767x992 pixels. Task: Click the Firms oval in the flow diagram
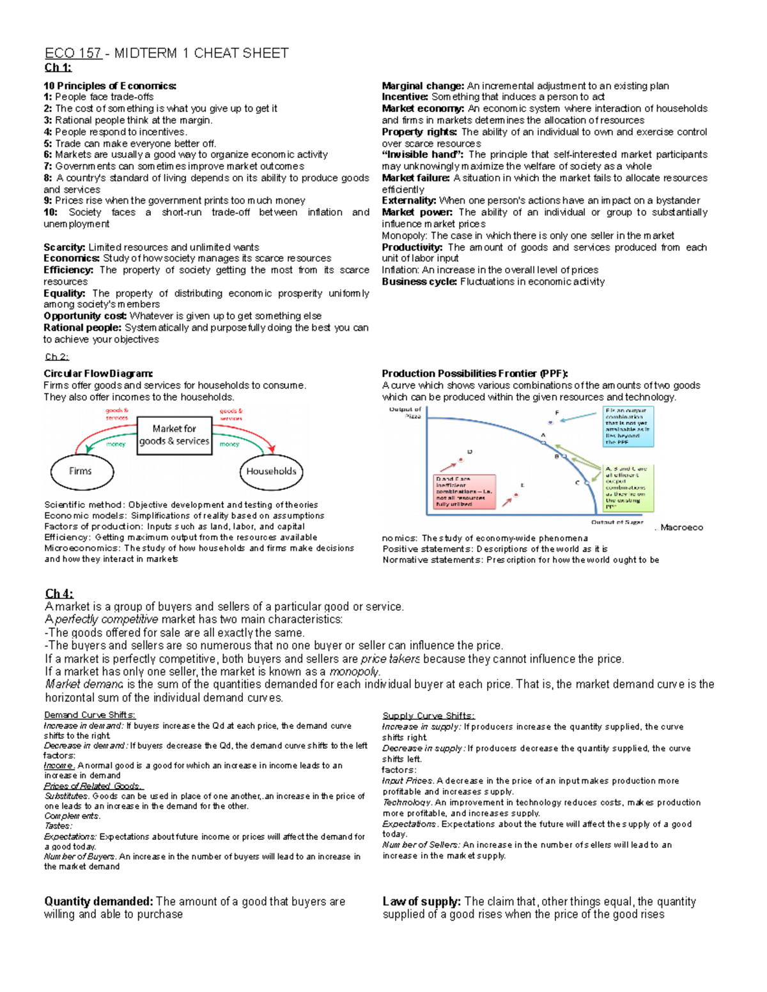pyautogui.click(x=82, y=471)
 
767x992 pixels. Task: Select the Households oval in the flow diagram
pyautogui.click(x=271, y=471)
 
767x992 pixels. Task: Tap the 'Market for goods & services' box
pyautogui.click(x=174, y=435)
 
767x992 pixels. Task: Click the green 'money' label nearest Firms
pyautogui.click(x=115, y=444)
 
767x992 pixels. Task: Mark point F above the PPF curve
pyautogui.click(x=550, y=422)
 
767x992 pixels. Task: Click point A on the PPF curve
pyautogui.click(x=544, y=442)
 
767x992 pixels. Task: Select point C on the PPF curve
pyautogui.click(x=587, y=483)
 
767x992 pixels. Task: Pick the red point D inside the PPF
pyautogui.click(x=460, y=460)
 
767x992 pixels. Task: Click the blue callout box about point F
pyautogui.click(x=628, y=426)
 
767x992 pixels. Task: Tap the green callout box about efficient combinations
pyautogui.click(x=629, y=487)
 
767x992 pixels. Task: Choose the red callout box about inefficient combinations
pyautogui.click(x=465, y=491)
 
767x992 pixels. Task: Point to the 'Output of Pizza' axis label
pyautogui.click(x=405, y=413)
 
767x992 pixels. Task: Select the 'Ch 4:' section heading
pyautogui.click(x=59, y=593)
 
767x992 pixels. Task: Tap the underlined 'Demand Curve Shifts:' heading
pyautogui.click(x=89, y=715)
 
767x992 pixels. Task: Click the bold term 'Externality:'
pyautogui.click(x=409, y=201)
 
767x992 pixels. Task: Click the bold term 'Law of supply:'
pyautogui.click(x=421, y=901)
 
